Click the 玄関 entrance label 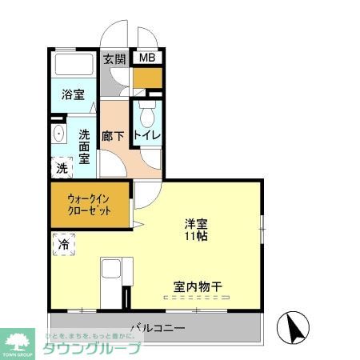pos(115,58)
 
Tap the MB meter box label pos(147,58)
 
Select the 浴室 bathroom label pos(74,94)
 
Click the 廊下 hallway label pos(113,136)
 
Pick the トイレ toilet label pos(148,136)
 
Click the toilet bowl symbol pos(147,111)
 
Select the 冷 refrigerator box pos(64,244)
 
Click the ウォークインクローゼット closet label pos(88,204)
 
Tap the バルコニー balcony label pos(158,328)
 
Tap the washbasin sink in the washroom pos(58,134)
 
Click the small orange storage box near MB pos(147,78)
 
